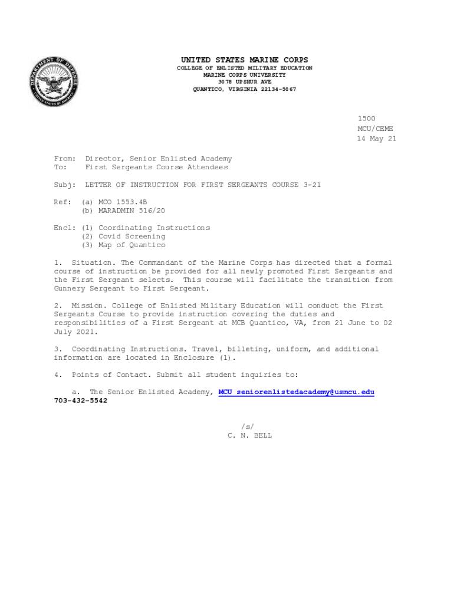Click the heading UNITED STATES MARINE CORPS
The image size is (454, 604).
tap(244, 60)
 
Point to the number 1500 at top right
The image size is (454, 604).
tap(366, 119)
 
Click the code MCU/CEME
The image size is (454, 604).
tap(375, 129)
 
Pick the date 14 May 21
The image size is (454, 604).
tap(376, 139)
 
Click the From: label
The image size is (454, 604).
tap(65, 159)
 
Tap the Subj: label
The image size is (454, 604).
tap(65, 185)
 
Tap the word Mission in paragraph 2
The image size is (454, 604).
tap(87, 306)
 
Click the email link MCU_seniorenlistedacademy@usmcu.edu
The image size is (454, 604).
tap(297, 392)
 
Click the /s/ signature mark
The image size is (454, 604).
tap(247, 426)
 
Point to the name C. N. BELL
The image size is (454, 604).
tap(249, 436)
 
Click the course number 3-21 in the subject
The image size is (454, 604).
tap(312, 185)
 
